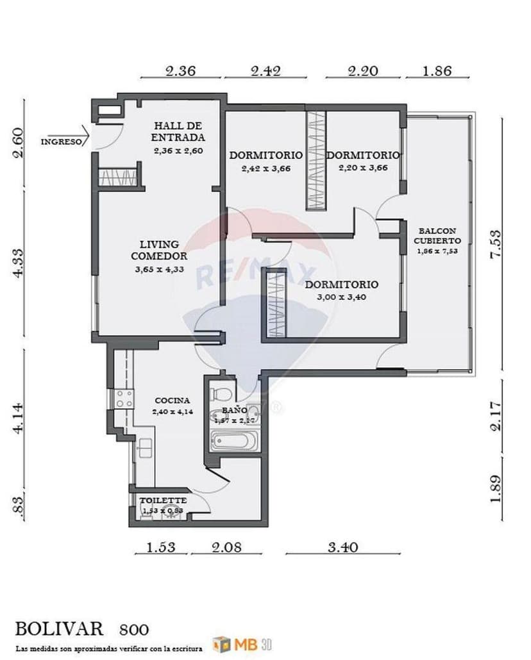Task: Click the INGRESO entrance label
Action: tap(62, 142)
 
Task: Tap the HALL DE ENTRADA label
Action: tap(178, 131)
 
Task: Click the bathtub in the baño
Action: tap(234, 441)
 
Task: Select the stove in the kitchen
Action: tap(123, 399)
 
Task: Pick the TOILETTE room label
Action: tap(164, 500)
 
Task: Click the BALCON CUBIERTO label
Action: tap(437, 235)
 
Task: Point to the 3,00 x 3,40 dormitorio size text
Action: tap(341, 297)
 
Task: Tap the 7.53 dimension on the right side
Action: tap(495, 244)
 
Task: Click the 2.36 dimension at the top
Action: tap(180, 71)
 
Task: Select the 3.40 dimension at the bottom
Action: tap(342, 547)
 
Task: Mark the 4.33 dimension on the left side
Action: tap(19, 263)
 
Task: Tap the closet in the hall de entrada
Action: tap(118, 177)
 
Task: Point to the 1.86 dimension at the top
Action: tap(437, 71)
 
